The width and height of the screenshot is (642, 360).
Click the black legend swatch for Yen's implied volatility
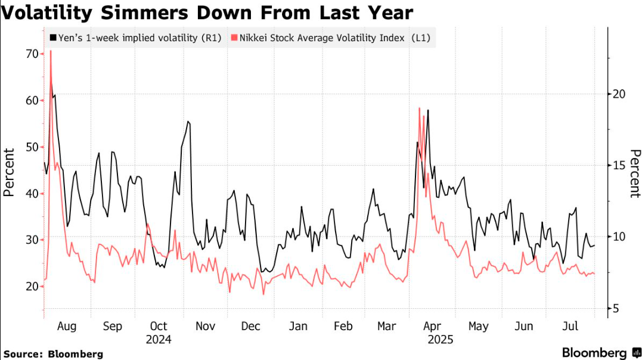(x=53, y=38)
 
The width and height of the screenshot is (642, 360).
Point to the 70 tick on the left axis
(x=30, y=54)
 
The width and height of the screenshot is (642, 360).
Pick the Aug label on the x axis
(x=66, y=327)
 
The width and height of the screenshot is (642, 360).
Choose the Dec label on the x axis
(x=251, y=327)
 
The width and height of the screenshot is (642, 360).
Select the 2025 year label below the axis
(x=441, y=340)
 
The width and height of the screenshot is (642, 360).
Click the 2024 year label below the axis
(x=159, y=340)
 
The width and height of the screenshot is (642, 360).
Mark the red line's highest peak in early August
(x=50, y=51)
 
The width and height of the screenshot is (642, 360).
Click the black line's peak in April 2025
(x=428, y=110)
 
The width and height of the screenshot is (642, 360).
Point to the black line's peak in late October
(x=188, y=122)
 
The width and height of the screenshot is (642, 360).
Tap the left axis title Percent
(x=10, y=172)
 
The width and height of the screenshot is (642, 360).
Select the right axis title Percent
(x=634, y=173)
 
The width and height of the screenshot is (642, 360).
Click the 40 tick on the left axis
(x=30, y=193)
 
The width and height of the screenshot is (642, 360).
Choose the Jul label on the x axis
(x=570, y=327)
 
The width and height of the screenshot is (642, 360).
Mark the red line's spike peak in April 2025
(x=420, y=108)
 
